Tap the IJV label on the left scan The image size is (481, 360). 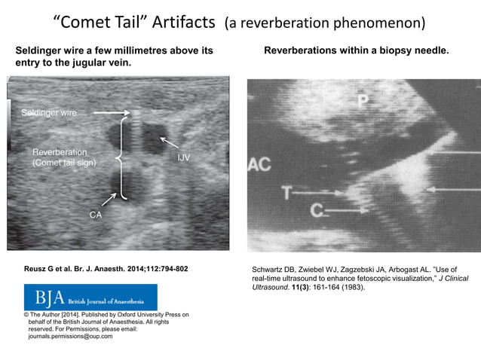click(183, 158)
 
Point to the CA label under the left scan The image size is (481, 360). click(96, 215)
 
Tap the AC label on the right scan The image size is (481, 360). click(259, 165)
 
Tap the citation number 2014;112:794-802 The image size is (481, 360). click(148, 269)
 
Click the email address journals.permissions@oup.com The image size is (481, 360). click(70, 336)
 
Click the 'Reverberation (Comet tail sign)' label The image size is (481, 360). click(64, 157)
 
